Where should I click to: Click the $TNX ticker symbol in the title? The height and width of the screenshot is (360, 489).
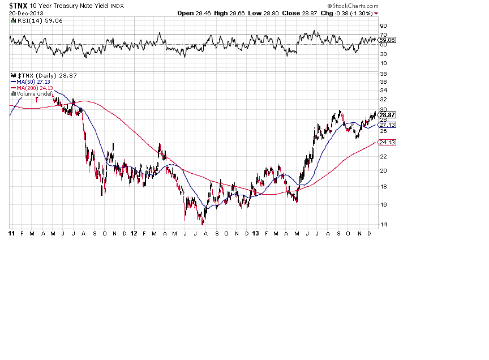(x=19, y=5)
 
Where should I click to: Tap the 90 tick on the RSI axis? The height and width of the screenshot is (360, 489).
(x=383, y=26)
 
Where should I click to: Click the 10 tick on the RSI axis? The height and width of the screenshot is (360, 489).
(x=383, y=63)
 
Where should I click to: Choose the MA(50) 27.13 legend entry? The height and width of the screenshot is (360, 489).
(x=33, y=82)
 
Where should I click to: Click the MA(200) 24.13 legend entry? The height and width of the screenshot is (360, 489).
(x=35, y=88)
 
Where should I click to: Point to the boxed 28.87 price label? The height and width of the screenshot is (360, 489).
(x=387, y=115)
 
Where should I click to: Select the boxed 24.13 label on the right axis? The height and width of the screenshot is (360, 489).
(x=387, y=143)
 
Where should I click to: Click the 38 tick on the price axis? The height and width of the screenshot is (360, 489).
(x=383, y=74)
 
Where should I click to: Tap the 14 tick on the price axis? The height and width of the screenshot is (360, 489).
(x=383, y=225)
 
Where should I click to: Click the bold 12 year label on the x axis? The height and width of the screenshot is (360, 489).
(x=134, y=233)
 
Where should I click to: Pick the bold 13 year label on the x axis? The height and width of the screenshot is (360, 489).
(x=256, y=233)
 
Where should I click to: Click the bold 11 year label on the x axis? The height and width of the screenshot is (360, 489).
(x=12, y=233)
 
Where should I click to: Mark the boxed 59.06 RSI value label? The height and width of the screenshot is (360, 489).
(x=388, y=40)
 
